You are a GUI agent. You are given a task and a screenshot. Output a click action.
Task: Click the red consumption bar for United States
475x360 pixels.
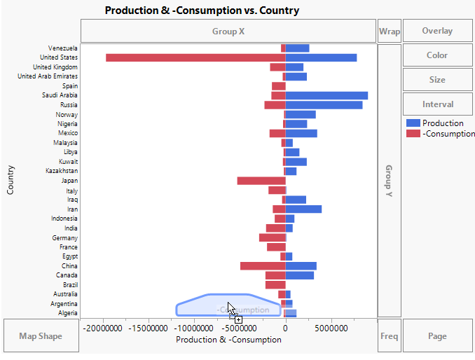click(195, 57)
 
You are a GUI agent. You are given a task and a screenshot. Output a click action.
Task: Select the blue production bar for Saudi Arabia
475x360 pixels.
click(326, 95)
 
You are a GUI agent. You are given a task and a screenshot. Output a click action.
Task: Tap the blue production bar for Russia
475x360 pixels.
click(324, 105)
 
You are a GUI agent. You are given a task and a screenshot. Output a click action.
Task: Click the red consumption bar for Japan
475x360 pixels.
click(261, 181)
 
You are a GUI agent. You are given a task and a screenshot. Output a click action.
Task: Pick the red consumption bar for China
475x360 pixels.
click(263, 266)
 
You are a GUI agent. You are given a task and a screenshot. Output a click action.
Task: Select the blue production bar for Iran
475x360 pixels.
click(303, 209)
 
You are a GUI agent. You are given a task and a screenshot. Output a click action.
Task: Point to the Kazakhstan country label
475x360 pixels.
click(62, 171)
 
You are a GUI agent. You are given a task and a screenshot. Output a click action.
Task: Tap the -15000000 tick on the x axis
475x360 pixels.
click(149, 327)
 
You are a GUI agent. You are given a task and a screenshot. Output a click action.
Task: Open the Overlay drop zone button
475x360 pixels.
click(437, 31)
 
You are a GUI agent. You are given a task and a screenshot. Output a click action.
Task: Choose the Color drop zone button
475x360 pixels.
click(437, 55)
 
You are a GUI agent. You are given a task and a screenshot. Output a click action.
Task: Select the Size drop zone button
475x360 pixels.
click(437, 80)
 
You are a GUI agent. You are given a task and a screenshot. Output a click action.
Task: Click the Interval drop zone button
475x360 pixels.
click(437, 104)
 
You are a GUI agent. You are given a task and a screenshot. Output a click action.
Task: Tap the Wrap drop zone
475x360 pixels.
click(390, 31)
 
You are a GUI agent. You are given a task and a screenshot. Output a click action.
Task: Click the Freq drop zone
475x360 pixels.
click(390, 336)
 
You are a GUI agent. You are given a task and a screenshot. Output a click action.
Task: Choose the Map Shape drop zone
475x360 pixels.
click(41, 336)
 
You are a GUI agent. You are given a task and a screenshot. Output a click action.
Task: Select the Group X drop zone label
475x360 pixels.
click(228, 32)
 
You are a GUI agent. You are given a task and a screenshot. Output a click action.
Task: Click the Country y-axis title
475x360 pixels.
click(11, 180)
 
